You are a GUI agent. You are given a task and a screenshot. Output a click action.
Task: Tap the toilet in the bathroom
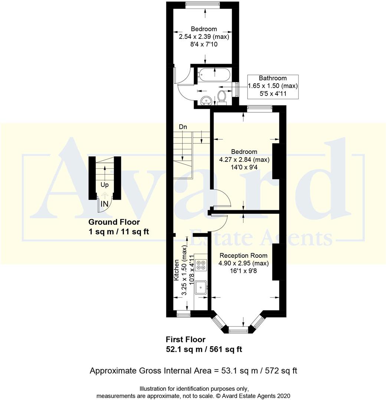tap(222, 97)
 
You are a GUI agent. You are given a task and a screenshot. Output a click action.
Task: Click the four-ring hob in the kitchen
tap(201, 264)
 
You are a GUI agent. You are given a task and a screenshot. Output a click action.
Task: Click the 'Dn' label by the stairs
tap(183, 127)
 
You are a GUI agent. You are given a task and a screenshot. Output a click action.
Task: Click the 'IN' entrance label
tap(105, 203)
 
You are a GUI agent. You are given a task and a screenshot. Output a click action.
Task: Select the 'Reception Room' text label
tap(243, 256)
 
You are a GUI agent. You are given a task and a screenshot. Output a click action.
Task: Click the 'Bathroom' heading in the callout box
tap(272, 78)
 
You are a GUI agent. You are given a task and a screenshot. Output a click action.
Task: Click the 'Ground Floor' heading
tap(114, 222)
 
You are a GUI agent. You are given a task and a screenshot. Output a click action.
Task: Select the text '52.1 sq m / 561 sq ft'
tap(204, 349)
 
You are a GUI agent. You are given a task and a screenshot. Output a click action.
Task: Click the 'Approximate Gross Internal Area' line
tap(193, 371)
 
